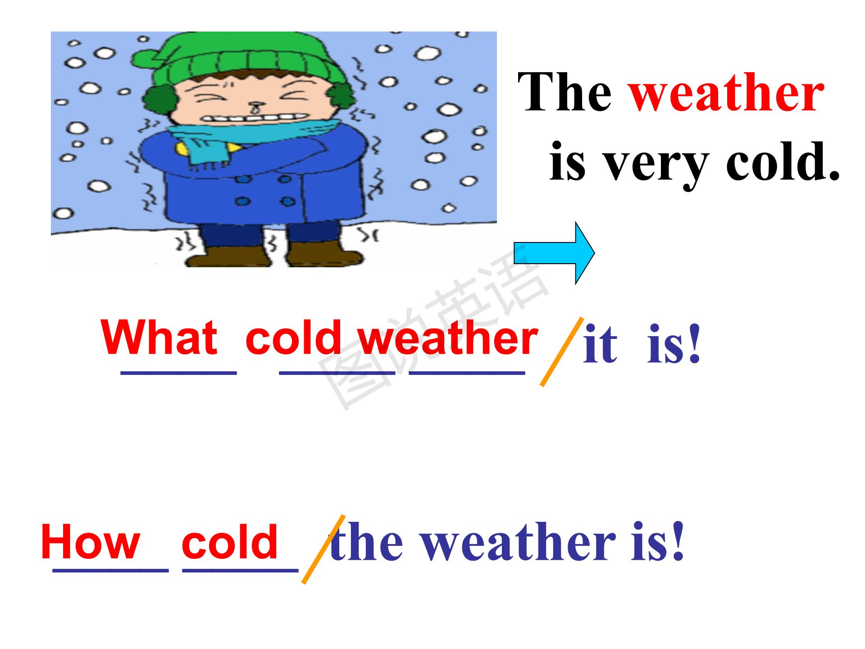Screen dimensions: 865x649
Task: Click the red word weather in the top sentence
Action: [x=726, y=93]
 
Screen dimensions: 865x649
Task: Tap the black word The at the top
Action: [x=565, y=92]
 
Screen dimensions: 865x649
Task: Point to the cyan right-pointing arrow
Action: [x=554, y=253]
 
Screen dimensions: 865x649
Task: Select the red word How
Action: [x=91, y=541]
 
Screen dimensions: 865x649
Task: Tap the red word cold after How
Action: [x=229, y=541]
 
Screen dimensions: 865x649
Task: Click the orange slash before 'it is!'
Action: [x=561, y=352]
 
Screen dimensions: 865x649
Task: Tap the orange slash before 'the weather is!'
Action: [x=323, y=549]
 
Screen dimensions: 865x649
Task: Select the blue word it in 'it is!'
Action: [x=600, y=344]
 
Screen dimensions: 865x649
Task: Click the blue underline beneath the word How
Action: [x=110, y=570]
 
